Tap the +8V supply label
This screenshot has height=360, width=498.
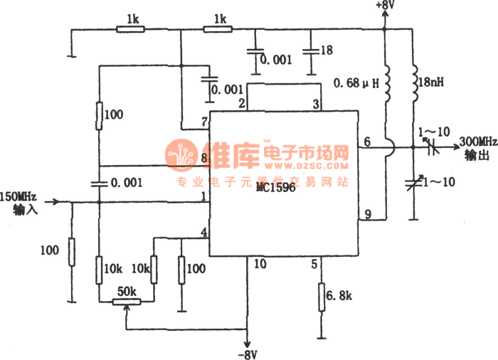[384, 6]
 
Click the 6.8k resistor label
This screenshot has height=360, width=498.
[338, 294]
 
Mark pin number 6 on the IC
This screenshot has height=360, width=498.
[367, 142]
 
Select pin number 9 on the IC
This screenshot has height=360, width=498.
[367, 214]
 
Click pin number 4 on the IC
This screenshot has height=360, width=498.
[203, 233]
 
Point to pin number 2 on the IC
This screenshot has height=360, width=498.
[243, 105]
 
